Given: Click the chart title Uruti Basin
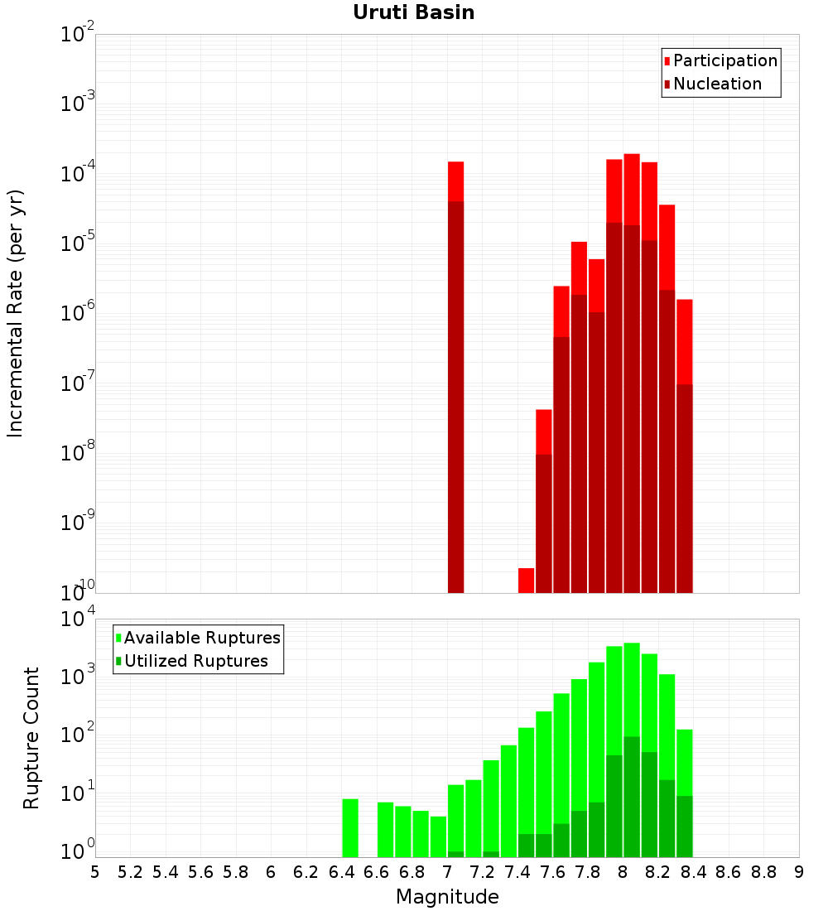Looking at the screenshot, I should click(x=413, y=12).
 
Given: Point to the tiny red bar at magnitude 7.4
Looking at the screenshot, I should click(x=526, y=580).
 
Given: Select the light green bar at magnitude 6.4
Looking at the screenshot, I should click(x=350, y=828).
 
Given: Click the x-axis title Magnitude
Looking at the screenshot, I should click(x=447, y=896).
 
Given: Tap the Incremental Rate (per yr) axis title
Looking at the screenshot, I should click(x=16, y=313).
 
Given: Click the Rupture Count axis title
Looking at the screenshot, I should click(x=31, y=737).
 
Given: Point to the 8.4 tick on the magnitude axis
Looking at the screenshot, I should click(x=693, y=872).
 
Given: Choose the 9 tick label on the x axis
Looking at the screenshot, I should click(x=799, y=872).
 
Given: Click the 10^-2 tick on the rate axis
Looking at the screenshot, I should click(x=78, y=35).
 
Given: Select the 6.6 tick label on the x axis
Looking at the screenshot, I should click(x=377, y=872).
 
